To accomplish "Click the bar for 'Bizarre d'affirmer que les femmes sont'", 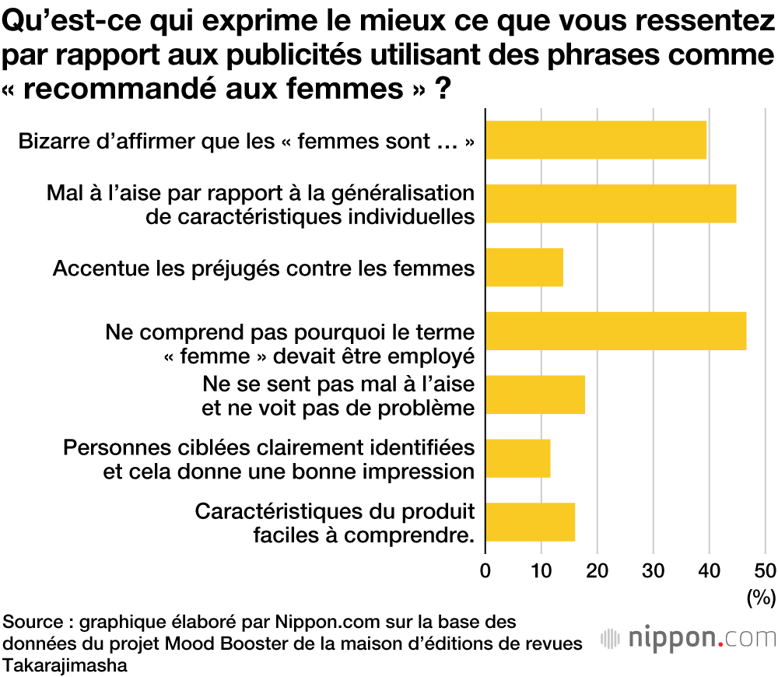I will (x=596, y=140).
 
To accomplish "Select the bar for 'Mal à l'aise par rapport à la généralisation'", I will (x=611, y=204).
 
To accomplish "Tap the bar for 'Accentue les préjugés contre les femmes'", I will (x=524, y=268).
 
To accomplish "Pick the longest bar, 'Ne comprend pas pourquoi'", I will (x=615, y=331).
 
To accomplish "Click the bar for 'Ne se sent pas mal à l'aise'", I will (x=535, y=395).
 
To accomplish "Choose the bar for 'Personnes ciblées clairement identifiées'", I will (x=518, y=458).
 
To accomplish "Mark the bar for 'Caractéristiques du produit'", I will (x=531, y=521).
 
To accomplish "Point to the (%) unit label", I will (x=762, y=598).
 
